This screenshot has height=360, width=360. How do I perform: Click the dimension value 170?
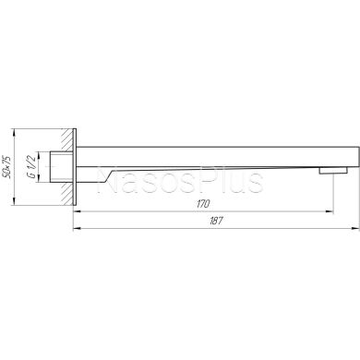203,204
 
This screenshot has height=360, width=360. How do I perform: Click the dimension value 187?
216,221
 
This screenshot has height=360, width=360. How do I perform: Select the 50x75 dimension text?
6,167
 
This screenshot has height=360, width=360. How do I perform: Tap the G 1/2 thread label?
31,167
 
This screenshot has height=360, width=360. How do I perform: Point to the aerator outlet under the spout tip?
333,170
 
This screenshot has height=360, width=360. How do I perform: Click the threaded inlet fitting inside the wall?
62,167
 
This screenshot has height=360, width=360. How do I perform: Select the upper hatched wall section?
67,139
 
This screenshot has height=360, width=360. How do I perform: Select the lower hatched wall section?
67,194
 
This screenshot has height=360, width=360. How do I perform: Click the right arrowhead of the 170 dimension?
330,211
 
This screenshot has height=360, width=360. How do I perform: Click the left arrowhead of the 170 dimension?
77,211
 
